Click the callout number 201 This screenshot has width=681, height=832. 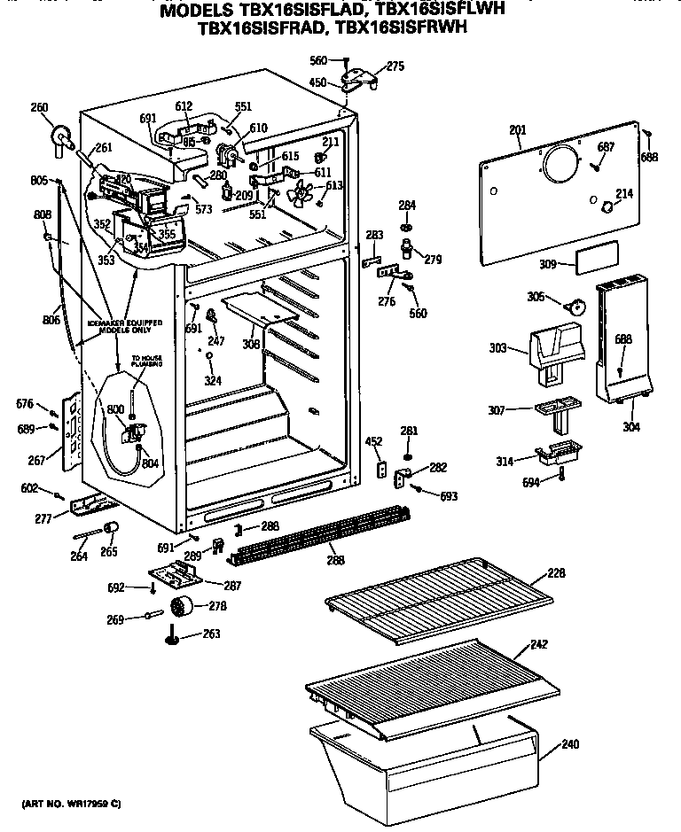click(517, 130)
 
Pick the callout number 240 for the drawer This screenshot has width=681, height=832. click(569, 744)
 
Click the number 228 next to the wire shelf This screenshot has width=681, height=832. click(555, 573)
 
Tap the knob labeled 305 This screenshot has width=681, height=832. click(576, 307)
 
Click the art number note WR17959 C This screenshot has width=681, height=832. click(71, 804)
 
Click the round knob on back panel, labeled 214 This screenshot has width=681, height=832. click(606, 207)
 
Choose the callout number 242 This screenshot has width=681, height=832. click(563, 645)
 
